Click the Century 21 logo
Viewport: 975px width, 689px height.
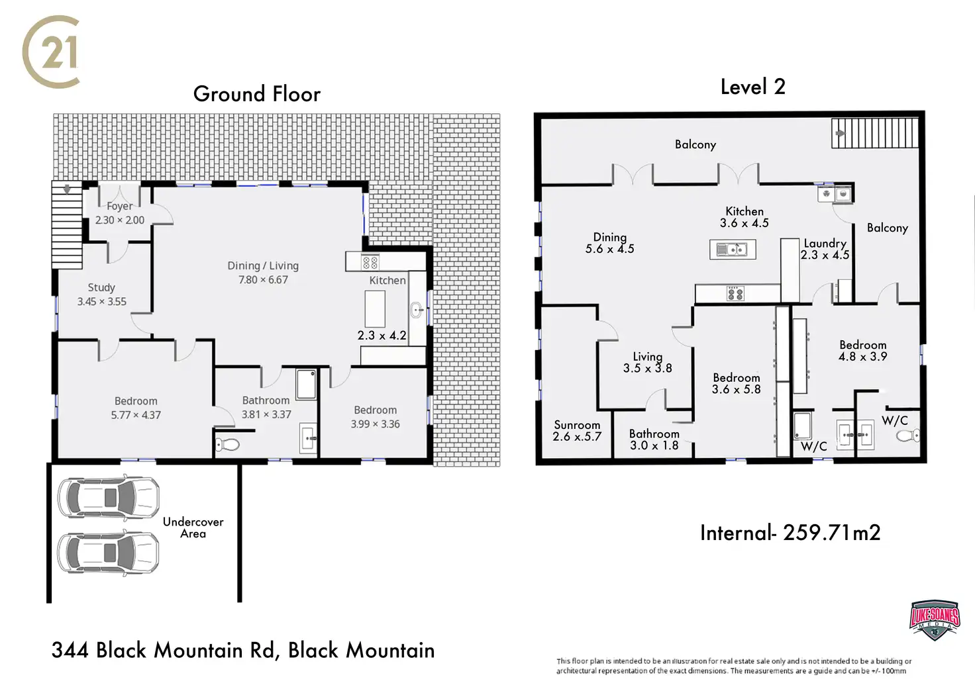(52, 52)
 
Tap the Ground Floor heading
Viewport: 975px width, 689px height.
(256, 94)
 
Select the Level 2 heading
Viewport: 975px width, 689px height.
(752, 87)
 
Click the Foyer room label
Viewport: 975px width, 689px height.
(119, 207)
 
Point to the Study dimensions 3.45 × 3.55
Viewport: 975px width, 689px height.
(101, 302)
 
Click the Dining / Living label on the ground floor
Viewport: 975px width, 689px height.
(263, 265)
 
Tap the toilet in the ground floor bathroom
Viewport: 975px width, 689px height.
(227, 444)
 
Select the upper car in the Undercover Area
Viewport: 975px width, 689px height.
(109, 497)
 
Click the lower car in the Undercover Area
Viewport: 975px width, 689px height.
(109, 551)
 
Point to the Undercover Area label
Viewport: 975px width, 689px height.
(193, 528)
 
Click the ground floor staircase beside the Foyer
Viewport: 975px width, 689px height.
(67, 225)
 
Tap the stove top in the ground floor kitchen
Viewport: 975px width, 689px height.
(370, 262)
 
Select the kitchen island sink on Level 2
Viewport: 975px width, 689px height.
(732, 250)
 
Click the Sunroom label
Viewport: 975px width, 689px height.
(577, 425)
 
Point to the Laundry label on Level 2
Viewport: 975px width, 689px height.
(825, 243)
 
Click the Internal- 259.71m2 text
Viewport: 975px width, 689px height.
(790, 533)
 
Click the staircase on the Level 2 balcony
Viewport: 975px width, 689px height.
(875, 133)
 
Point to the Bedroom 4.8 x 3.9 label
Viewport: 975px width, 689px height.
(862, 345)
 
